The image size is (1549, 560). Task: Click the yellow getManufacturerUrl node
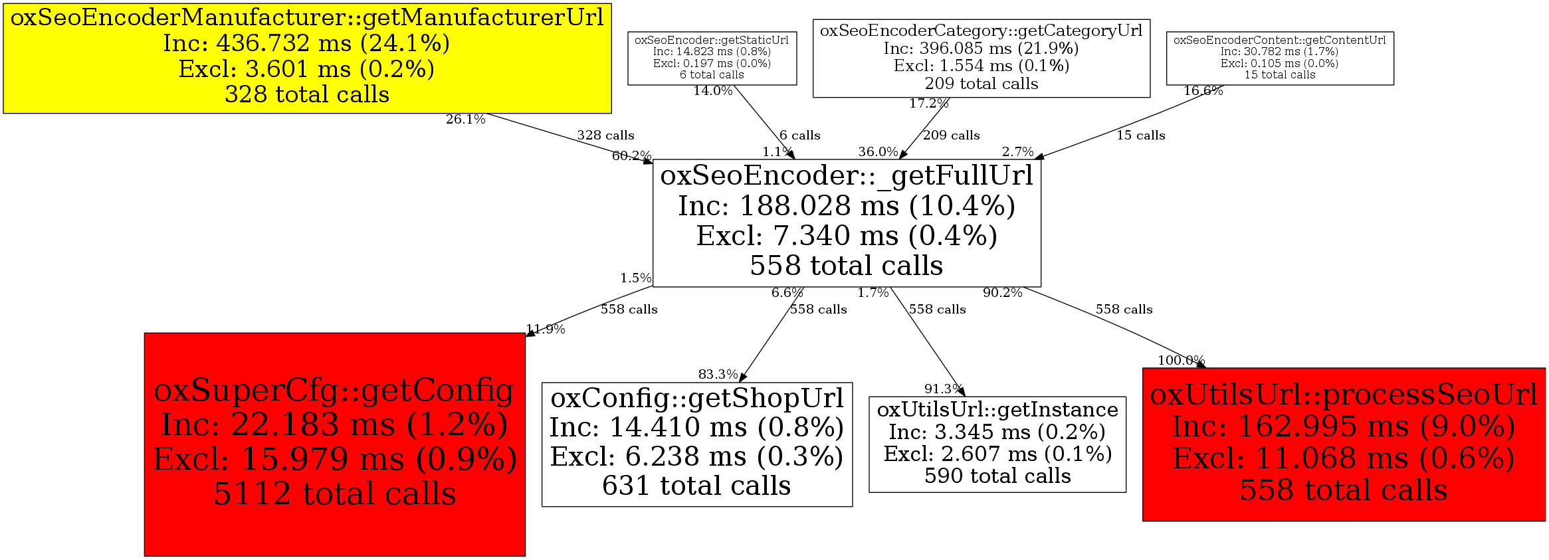307,58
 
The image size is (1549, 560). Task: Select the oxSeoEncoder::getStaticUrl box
712,58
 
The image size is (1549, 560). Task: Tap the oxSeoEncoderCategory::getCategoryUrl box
981,58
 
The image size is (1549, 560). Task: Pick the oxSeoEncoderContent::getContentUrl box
1279,58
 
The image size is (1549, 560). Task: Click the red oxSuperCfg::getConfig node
334,444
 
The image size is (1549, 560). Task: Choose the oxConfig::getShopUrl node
696,444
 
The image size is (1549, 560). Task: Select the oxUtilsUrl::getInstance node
997,444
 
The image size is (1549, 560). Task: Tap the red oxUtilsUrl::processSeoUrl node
1343,444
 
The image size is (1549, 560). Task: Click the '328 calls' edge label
605,136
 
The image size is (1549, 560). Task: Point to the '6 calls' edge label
799,136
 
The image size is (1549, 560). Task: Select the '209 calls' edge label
951,136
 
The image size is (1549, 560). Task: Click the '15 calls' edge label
1140,136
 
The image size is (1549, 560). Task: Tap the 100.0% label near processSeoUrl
1181,361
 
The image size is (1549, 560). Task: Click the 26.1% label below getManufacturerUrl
465,120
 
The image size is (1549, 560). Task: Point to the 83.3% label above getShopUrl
718,375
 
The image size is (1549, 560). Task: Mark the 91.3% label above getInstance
943,389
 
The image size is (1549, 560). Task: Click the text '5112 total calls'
334,494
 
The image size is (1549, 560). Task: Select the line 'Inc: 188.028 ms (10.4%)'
846,206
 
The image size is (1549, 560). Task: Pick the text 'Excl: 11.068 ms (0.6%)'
1343,458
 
